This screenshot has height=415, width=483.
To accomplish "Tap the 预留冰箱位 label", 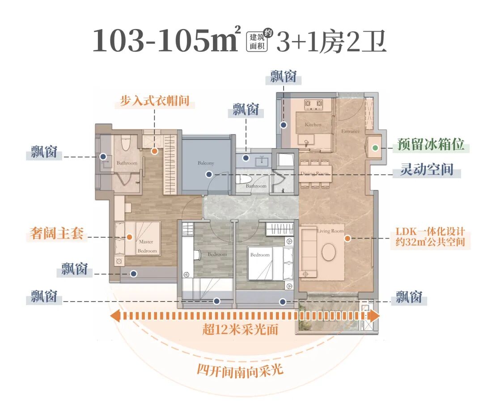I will point(431,146).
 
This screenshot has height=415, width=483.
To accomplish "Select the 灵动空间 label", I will point(427,170).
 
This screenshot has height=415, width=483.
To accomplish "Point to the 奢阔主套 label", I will point(57,233).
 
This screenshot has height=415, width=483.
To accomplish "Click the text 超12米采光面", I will point(240,330).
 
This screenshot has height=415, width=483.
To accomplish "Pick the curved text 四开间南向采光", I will point(240,370).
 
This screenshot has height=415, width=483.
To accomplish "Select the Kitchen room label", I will point(313,125).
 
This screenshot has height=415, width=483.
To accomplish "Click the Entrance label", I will point(350,131).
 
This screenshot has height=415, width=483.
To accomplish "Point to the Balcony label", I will point(206,163).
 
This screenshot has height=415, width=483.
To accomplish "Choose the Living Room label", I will point(330,231).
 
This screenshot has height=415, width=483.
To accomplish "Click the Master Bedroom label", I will point(146,246).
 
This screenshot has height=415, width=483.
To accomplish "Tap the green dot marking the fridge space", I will point(376,147).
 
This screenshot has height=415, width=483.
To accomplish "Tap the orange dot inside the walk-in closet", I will point(154,151).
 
